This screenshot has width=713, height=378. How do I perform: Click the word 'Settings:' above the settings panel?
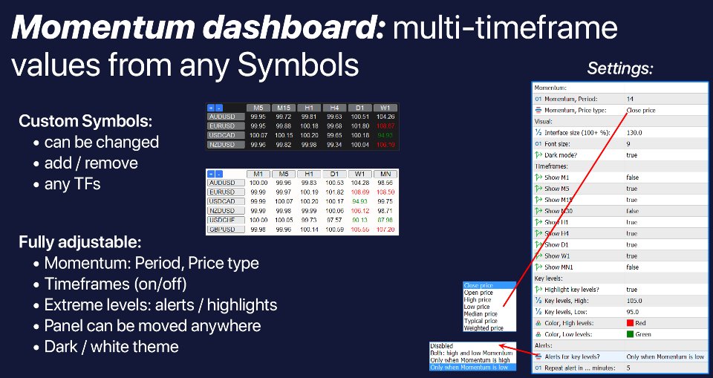(x=619, y=69)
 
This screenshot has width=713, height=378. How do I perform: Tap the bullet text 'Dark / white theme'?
(x=111, y=346)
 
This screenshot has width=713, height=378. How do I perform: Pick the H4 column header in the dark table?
(x=334, y=107)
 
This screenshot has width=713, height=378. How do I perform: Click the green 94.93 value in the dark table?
(x=385, y=135)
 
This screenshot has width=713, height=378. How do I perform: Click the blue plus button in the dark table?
(x=211, y=107)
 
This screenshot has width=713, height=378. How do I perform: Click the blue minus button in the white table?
(x=220, y=174)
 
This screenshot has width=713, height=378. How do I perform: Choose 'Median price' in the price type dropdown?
(x=481, y=313)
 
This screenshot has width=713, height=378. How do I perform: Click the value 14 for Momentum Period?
(x=630, y=99)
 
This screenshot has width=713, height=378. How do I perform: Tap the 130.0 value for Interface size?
(x=635, y=132)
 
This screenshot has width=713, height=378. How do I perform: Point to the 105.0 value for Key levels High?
(x=634, y=301)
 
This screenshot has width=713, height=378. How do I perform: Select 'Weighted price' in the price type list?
(x=483, y=328)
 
